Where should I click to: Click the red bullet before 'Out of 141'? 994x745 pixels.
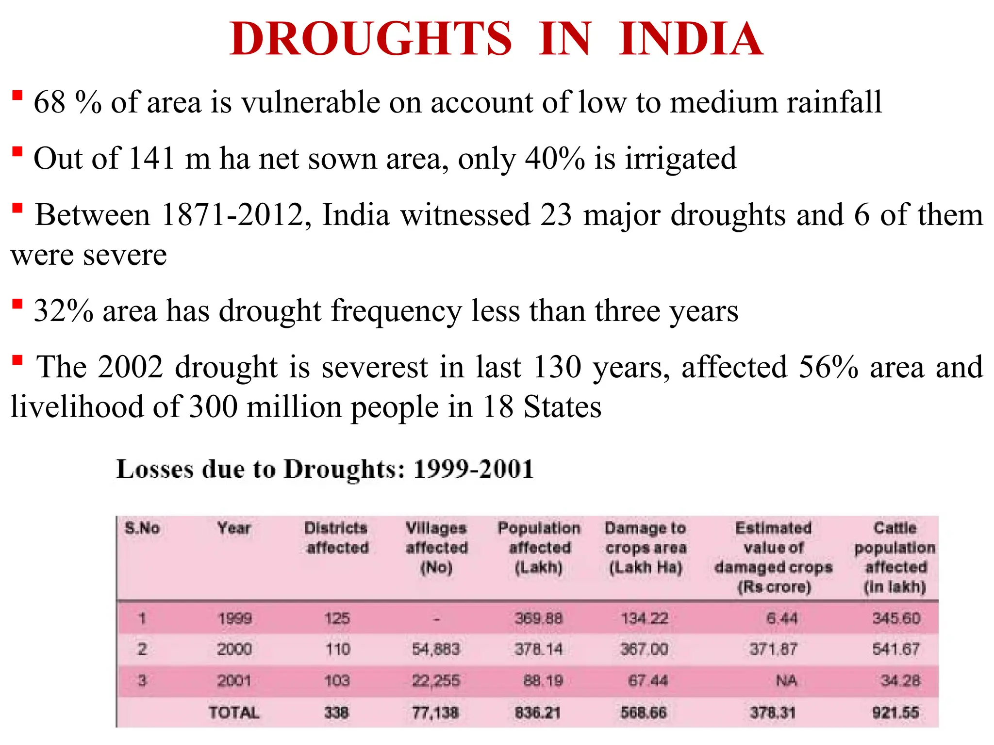click(x=17, y=152)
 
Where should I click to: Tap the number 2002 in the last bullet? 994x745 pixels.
click(x=130, y=367)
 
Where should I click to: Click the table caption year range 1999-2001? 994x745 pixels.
click(x=473, y=469)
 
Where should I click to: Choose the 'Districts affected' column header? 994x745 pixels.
click(x=336, y=537)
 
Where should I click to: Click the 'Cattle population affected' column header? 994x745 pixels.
click(x=895, y=557)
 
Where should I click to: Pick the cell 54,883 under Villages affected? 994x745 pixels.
click(x=435, y=649)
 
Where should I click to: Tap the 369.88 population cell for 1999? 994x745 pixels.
click(x=538, y=618)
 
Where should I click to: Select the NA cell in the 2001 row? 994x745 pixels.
click(x=786, y=681)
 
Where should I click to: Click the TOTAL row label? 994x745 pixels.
click(x=234, y=713)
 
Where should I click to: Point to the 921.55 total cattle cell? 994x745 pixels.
click(x=895, y=713)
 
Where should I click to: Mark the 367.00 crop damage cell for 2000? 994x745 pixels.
click(x=644, y=649)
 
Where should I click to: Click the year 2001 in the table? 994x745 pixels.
click(x=234, y=681)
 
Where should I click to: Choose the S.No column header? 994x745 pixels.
click(x=142, y=528)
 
